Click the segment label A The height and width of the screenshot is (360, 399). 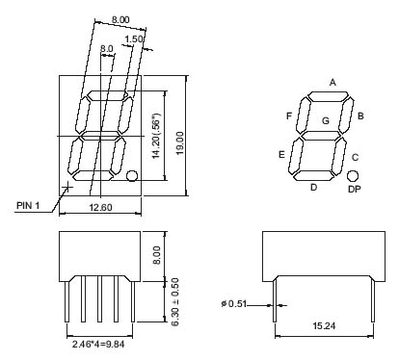point(332,83)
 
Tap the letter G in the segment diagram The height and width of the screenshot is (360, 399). point(326,121)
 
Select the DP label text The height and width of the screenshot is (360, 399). point(355,190)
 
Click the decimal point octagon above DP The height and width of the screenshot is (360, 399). point(353,176)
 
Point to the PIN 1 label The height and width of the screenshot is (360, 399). point(28,205)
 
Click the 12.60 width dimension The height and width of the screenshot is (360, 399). point(100,207)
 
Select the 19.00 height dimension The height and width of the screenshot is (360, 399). point(179,143)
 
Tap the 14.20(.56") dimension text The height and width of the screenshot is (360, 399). point(156,136)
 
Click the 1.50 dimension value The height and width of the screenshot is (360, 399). point(133,39)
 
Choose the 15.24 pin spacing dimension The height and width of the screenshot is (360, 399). point(324,326)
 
